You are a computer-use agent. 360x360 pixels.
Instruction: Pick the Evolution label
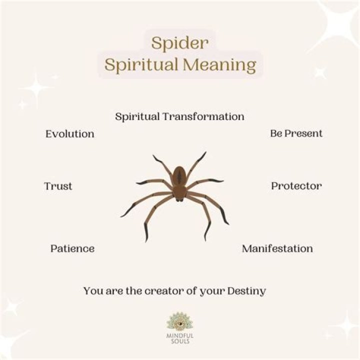click(69, 134)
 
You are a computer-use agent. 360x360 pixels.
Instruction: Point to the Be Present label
click(296, 133)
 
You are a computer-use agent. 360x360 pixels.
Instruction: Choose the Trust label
click(58, 186)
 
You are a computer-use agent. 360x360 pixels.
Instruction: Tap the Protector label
click(296, 186)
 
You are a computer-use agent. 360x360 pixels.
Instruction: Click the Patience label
click(72, 248)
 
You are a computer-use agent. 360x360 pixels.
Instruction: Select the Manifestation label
click(277, 248)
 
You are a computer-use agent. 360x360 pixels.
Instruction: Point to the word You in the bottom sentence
click(92, 290)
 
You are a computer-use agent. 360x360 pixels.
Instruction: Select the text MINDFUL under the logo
click(179, 337)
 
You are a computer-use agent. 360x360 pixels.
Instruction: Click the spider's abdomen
click(179, 176)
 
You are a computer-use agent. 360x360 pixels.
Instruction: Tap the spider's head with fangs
click(179, 195)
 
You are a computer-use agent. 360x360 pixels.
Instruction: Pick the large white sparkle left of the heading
click(35, 89)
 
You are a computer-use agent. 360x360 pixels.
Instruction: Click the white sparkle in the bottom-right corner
click(345, 324)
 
